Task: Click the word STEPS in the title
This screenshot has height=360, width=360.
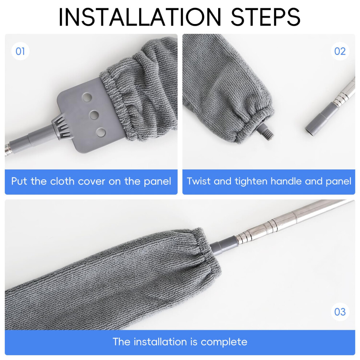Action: [x=265, y=17]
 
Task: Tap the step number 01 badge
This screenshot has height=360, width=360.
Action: [x=20, y=51]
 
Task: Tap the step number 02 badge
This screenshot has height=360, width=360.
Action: [x=340, y=51]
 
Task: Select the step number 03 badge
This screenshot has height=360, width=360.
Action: [x=340, y=312]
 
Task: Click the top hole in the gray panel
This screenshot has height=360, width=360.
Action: [x=87, y=97]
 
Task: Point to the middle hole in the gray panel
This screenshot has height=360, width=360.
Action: [x=94, y=115]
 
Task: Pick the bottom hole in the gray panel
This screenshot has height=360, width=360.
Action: [x=101, y=132]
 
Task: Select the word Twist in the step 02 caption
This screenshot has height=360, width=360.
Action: [x=199, y=181]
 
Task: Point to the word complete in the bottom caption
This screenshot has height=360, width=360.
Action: [x=224, y=342]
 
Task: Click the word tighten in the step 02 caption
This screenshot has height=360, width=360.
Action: [x=251, y=182]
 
